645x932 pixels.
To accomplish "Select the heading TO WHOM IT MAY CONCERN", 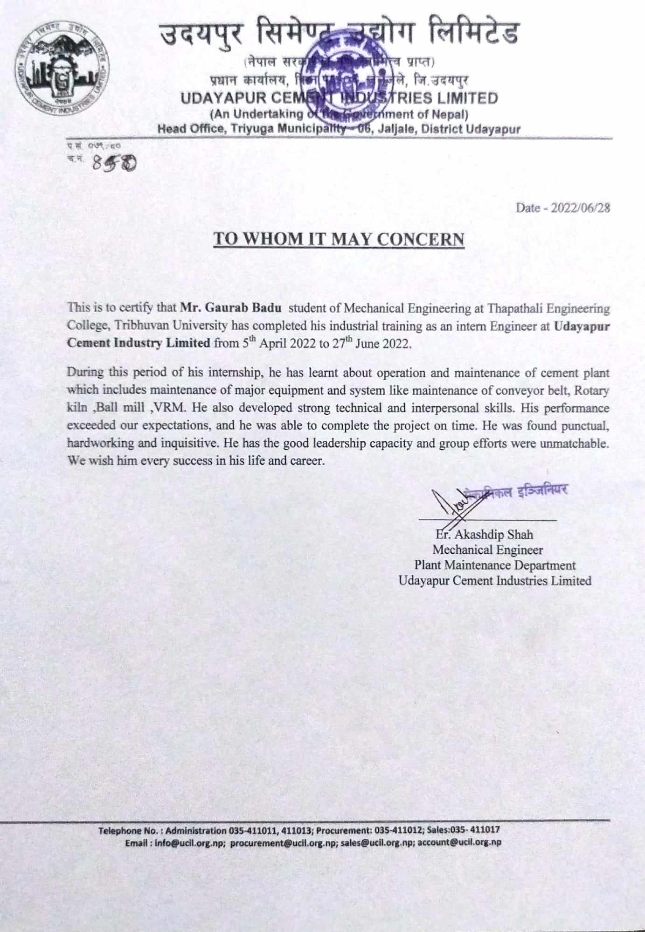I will coord(339,239).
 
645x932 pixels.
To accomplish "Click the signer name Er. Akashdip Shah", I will coord(484,535).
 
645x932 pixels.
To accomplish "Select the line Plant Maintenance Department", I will coord(494,565).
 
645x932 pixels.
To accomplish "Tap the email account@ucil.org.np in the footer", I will coord(459,843).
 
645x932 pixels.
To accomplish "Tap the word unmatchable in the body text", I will coord(574,443).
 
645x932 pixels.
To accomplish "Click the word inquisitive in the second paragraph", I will coord(191,443).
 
